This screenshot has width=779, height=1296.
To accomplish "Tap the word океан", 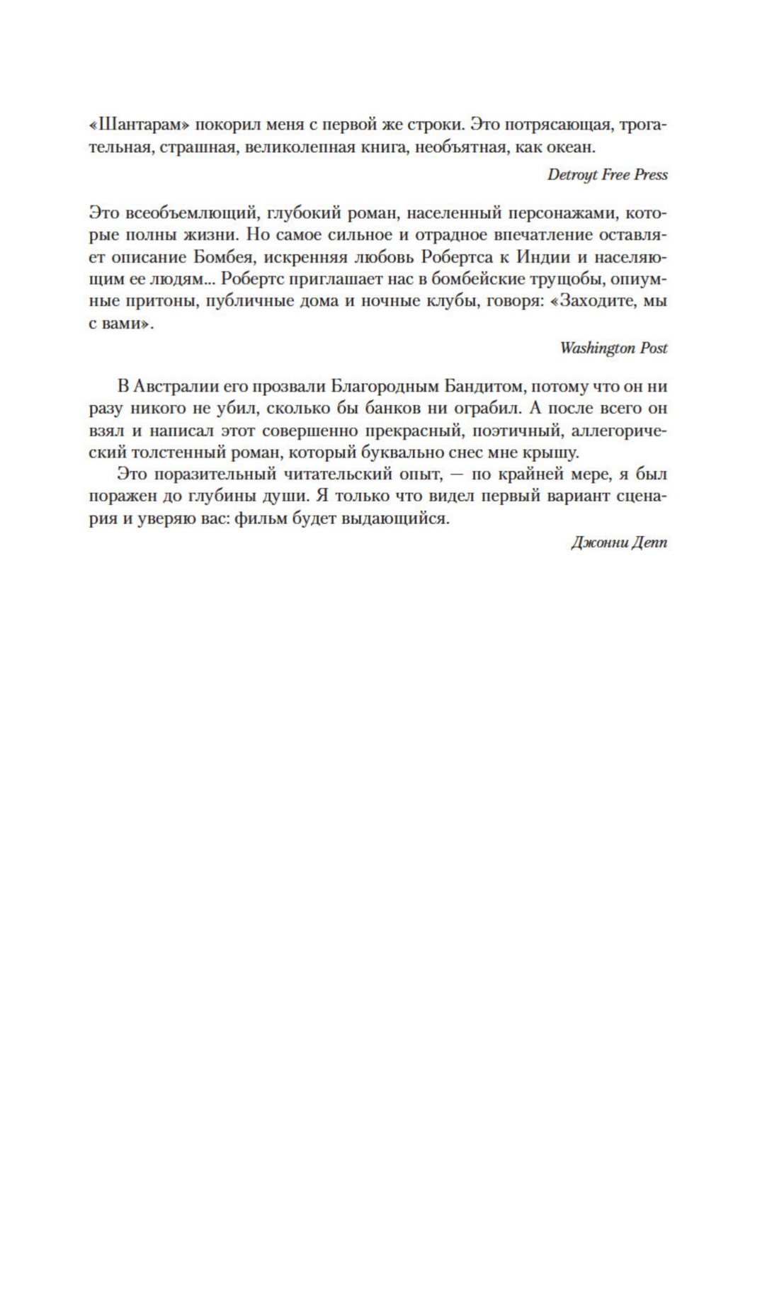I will [572, 147].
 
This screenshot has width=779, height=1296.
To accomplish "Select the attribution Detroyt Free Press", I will [607, 175].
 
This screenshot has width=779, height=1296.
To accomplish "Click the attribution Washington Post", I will [613, 348].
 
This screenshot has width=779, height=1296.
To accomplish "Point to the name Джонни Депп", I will [619, 543].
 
